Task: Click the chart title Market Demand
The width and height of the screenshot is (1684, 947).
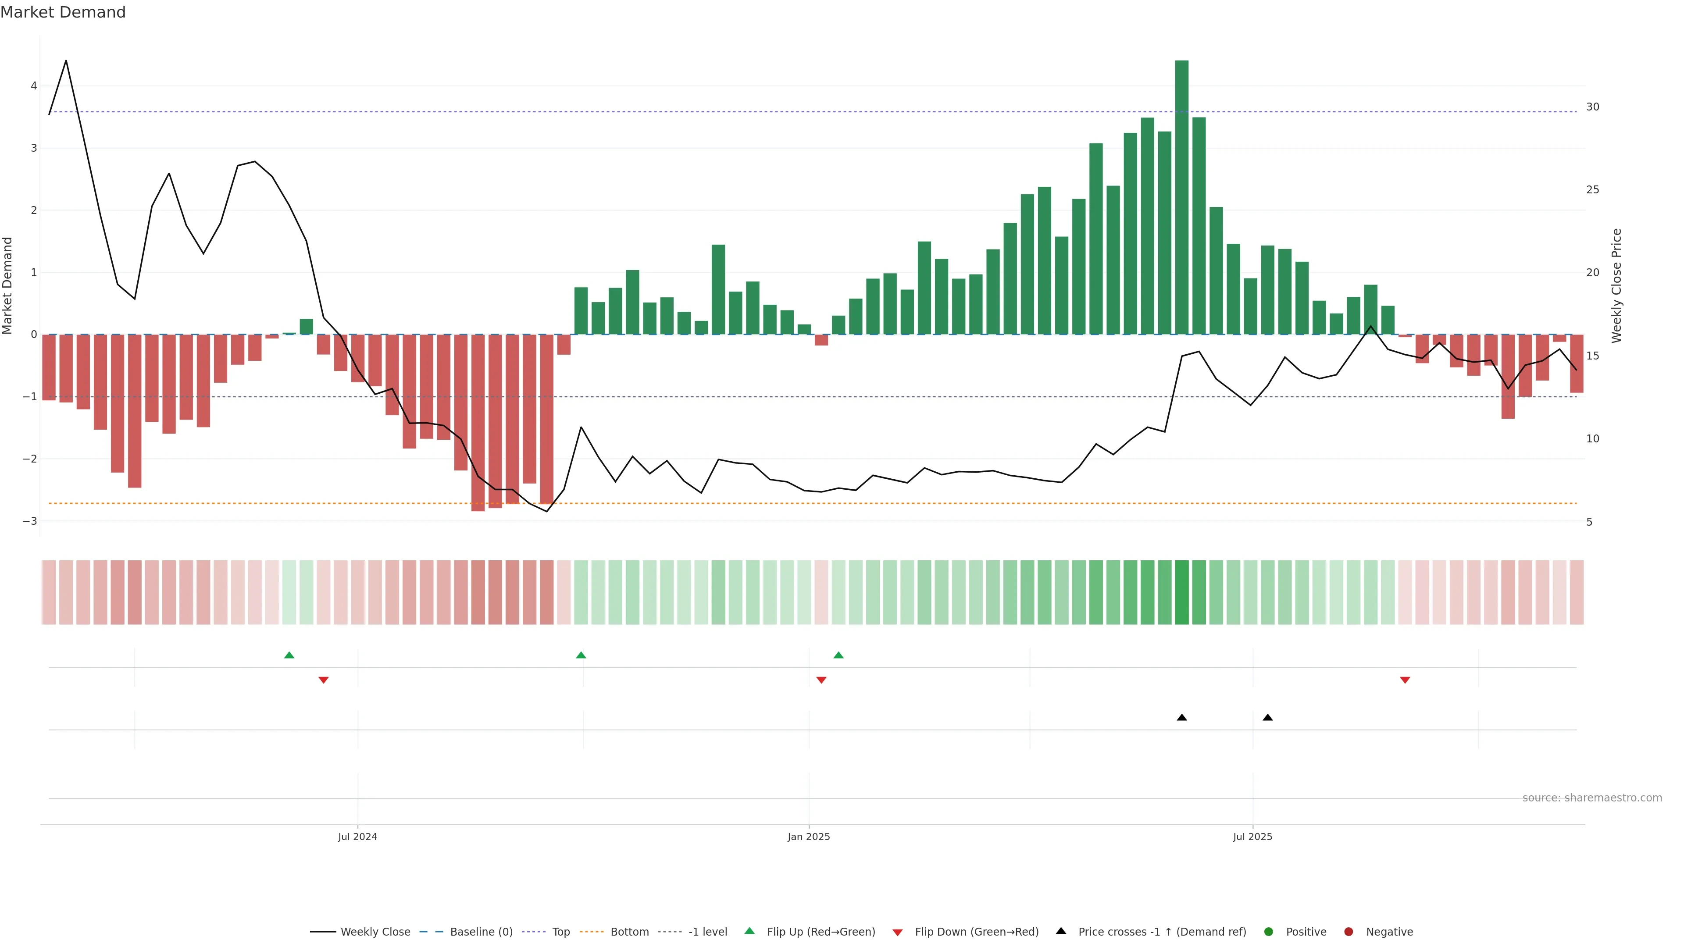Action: point(63,12)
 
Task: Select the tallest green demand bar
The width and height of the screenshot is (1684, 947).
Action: point(1181,196)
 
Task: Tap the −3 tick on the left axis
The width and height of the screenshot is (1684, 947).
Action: point(30,521)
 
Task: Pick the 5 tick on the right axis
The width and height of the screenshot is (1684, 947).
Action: point(1589,522)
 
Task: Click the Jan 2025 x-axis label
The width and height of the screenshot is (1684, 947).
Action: point(809,837)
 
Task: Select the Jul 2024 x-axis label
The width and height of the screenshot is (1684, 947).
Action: point(357,837)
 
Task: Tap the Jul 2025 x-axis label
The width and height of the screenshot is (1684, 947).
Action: point(1252,837)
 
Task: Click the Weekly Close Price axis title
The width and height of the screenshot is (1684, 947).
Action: point(1616,285)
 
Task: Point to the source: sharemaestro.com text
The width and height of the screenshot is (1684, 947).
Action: point(1592,798)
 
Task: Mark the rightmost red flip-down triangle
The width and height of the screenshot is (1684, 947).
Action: point(1405,680)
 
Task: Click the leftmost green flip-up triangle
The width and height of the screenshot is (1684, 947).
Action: point(289,655)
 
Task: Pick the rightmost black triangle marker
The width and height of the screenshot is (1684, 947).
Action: point(1267,718)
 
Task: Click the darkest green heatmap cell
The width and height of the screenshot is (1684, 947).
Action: point(1181,592)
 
